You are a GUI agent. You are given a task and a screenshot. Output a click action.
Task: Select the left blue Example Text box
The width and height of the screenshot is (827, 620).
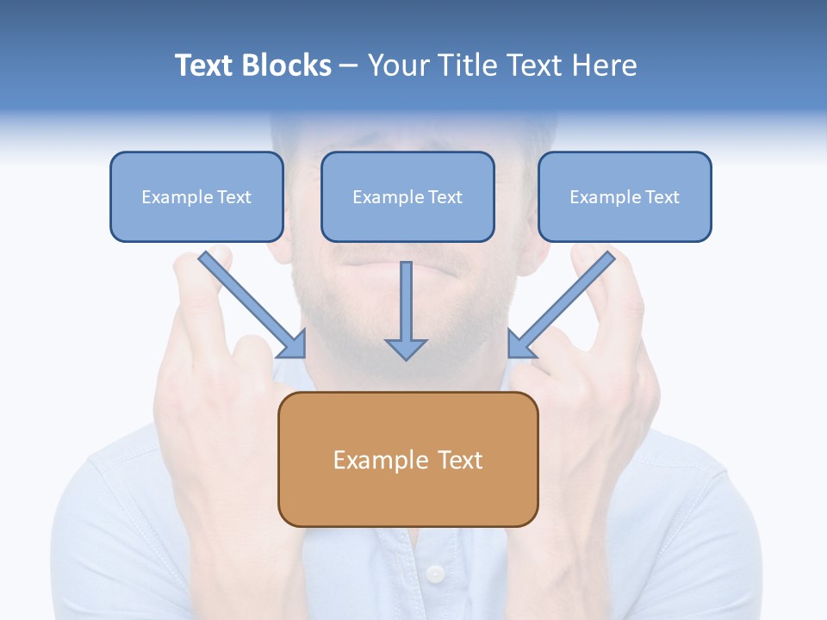[x=196, y=196]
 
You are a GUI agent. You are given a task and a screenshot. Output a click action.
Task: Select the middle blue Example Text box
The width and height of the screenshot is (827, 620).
[x=407, y=196]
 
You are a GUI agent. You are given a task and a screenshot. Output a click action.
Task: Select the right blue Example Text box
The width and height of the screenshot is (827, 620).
[x=625, y=196]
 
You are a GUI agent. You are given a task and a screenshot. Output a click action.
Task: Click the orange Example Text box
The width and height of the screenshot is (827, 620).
[x=407, y=459]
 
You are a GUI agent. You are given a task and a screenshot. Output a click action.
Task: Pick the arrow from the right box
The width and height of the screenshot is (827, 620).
[x=564, y=301]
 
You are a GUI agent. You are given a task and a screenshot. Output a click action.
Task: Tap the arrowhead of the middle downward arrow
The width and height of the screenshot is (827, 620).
[x=406, y=348]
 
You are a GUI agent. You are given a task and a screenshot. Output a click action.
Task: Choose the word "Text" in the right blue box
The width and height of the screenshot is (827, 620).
[x=662, y=197]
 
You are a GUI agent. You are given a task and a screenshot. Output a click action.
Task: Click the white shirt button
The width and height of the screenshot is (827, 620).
[x=436, y=573]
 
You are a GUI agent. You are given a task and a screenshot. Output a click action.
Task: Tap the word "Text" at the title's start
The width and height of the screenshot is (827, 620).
[x=204, y=65]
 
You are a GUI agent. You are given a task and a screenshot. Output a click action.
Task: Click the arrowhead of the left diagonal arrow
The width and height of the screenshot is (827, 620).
[x=293, y=344]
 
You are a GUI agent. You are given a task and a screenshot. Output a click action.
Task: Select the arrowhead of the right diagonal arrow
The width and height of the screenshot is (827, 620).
[x=520, y=344]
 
